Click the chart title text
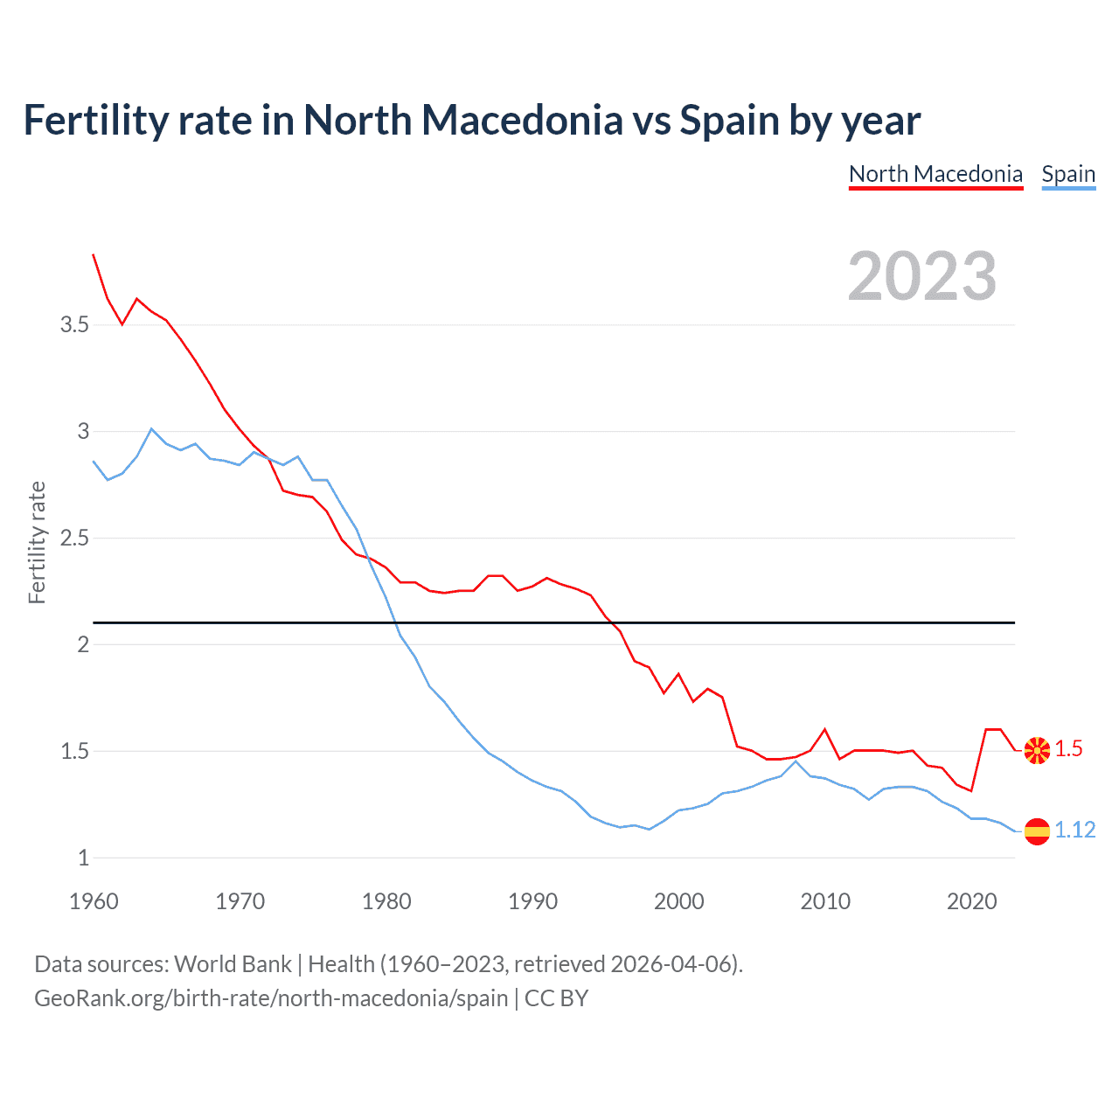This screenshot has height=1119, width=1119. coord(471,121)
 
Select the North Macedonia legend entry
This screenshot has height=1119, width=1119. coord(935,174)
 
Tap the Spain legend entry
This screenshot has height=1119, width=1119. coord(1068,174)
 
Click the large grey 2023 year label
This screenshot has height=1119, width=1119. coord(922,276)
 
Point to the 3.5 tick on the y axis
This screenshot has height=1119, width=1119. coord(74,325)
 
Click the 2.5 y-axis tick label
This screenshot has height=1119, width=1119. coord(74,539)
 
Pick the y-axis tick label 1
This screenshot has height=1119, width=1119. coord(83,858)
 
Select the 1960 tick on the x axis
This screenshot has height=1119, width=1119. coord(94,901)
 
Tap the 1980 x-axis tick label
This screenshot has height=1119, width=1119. coord(386,901)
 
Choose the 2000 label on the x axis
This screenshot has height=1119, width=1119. coord(678,901)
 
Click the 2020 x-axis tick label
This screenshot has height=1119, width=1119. coord(971,901)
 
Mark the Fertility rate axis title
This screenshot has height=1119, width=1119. coord(37,542)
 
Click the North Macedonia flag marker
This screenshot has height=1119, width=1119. coord(1037,750)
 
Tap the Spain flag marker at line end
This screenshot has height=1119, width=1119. coord(1037,831)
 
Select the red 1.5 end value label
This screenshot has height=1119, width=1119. coord(1068,749)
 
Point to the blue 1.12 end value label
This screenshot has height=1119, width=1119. coord(1074,830)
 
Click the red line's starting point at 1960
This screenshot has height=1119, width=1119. coord(94,254)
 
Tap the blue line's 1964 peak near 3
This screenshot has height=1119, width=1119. coord(151,428)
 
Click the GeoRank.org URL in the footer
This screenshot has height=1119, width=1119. coord(271,998)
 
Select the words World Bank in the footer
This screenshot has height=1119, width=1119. coord(233,964)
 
